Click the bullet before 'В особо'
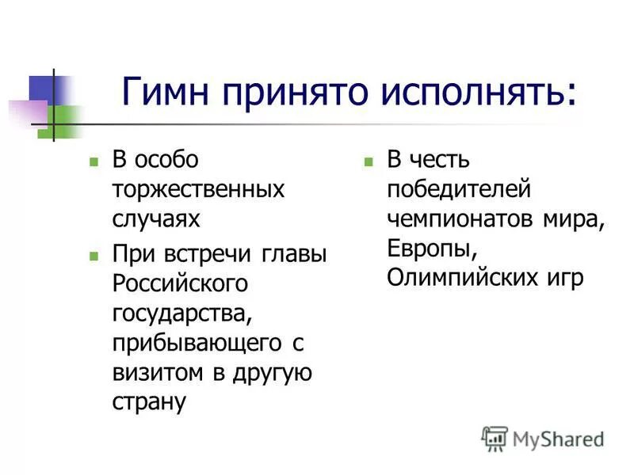[x=94, y=161]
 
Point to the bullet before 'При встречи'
[x=94, y=256]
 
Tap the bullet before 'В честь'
[x=368, y=161]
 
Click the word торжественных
[x=198, y=190]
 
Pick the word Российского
[x=180, y=282]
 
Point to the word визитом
[x=155, y=371]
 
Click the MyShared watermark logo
[x=543, y=438]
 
